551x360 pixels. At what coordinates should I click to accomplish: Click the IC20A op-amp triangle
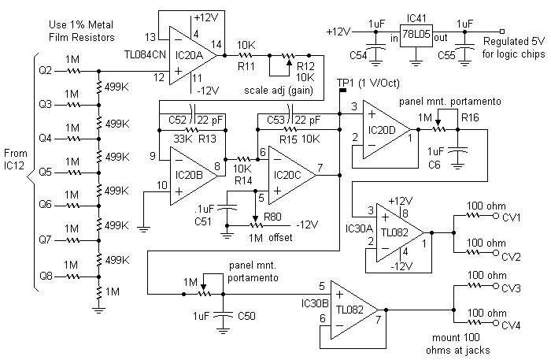[193, 55]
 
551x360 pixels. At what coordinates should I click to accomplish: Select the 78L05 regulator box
[416, 35]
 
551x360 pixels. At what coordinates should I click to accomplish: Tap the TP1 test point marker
[342, 91]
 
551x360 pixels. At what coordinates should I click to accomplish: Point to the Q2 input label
[46, 71]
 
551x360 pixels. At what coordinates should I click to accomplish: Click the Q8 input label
[46, 276]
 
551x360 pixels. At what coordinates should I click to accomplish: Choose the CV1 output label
[512, 218]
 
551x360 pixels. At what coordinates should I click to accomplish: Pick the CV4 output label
[511, 325]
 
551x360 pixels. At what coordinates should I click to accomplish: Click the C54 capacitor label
[358, 55]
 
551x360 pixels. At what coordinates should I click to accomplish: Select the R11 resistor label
[246, 66]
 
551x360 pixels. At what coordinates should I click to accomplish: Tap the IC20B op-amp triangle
[194, 176]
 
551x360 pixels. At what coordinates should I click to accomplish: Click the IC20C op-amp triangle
[292, 175]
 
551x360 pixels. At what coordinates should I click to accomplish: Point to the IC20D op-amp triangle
[386, 130]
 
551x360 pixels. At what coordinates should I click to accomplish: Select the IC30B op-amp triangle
[355, 310]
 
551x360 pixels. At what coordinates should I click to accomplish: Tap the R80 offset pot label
[272, 217]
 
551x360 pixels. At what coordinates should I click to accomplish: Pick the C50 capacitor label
[246, 316]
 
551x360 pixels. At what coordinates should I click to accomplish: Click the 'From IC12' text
[16, 159]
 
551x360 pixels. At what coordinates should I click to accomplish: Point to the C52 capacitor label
[177, 121]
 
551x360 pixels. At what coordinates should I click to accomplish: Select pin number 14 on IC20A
[216, 44]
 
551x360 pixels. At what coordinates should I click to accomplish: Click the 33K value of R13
[182, 139]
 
